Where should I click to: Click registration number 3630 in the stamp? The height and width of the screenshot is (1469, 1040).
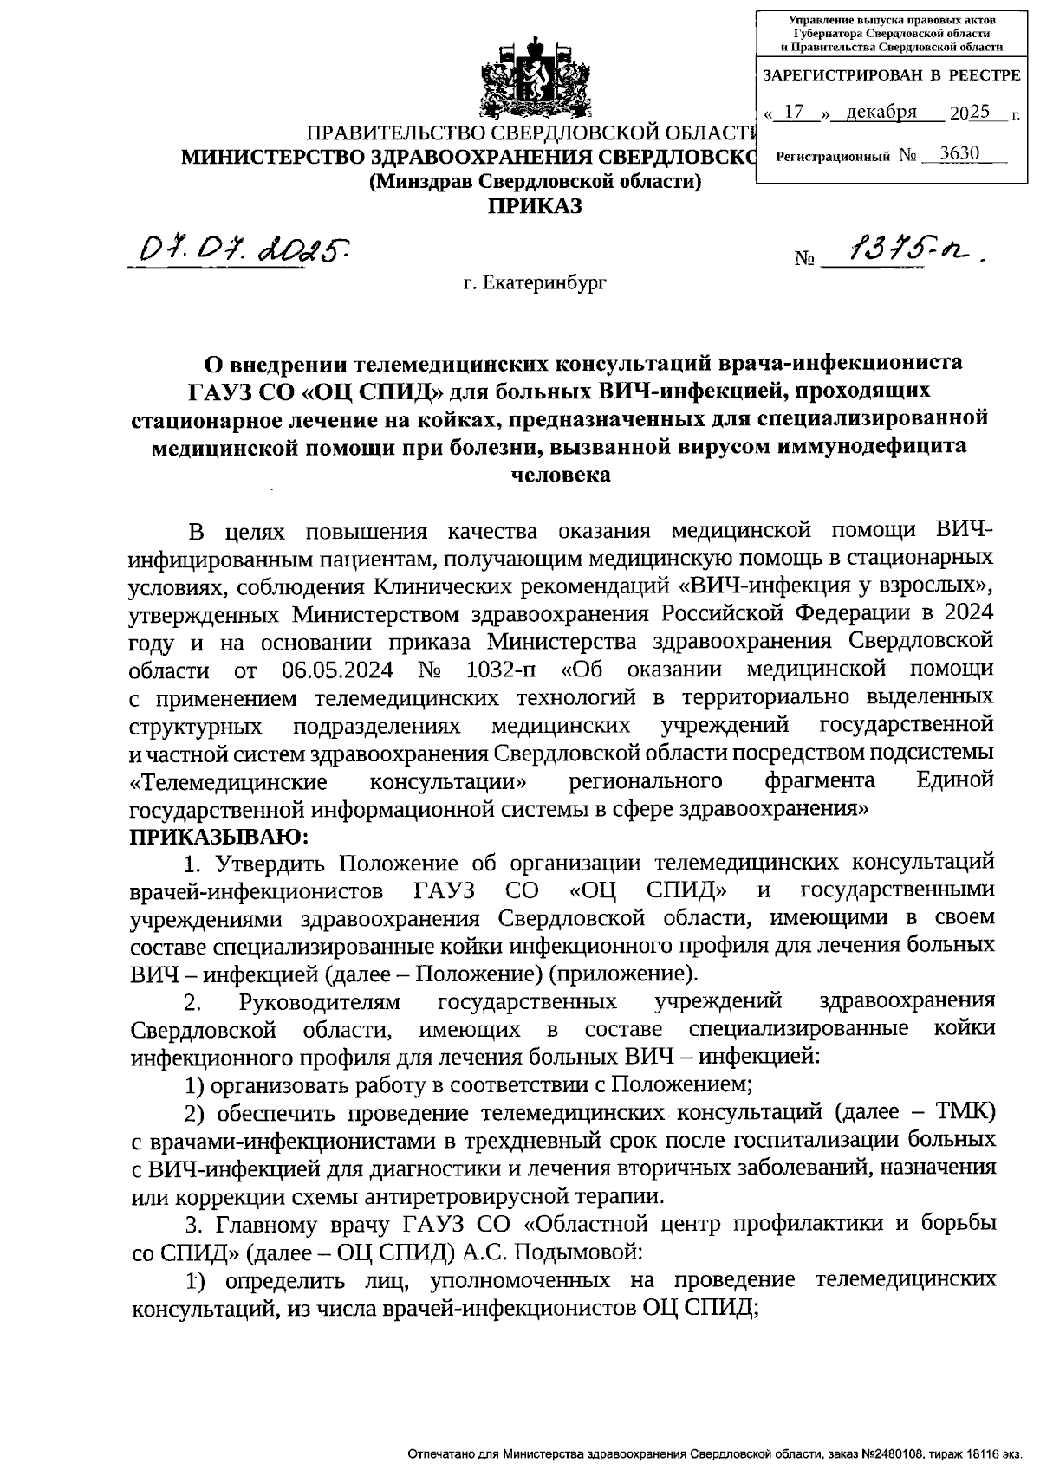(x=959, y=154)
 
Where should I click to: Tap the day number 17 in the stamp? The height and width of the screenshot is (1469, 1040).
(x=794, y=113)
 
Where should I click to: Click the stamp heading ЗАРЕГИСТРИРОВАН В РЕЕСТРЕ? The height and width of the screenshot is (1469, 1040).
(x=891, y=76)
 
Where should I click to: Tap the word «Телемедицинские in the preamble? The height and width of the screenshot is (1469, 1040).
(x=229, y=781)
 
